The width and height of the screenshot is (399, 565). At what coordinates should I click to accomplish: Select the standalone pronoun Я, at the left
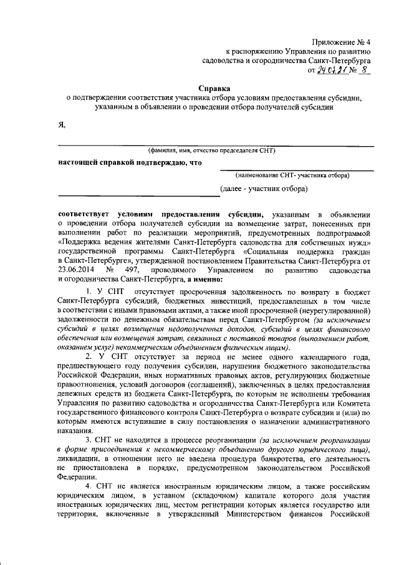tap(61, 124)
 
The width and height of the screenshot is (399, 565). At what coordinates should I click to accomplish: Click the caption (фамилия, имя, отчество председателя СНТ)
tap(211, 150)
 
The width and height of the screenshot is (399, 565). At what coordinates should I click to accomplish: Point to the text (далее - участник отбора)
tap(264, 187)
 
